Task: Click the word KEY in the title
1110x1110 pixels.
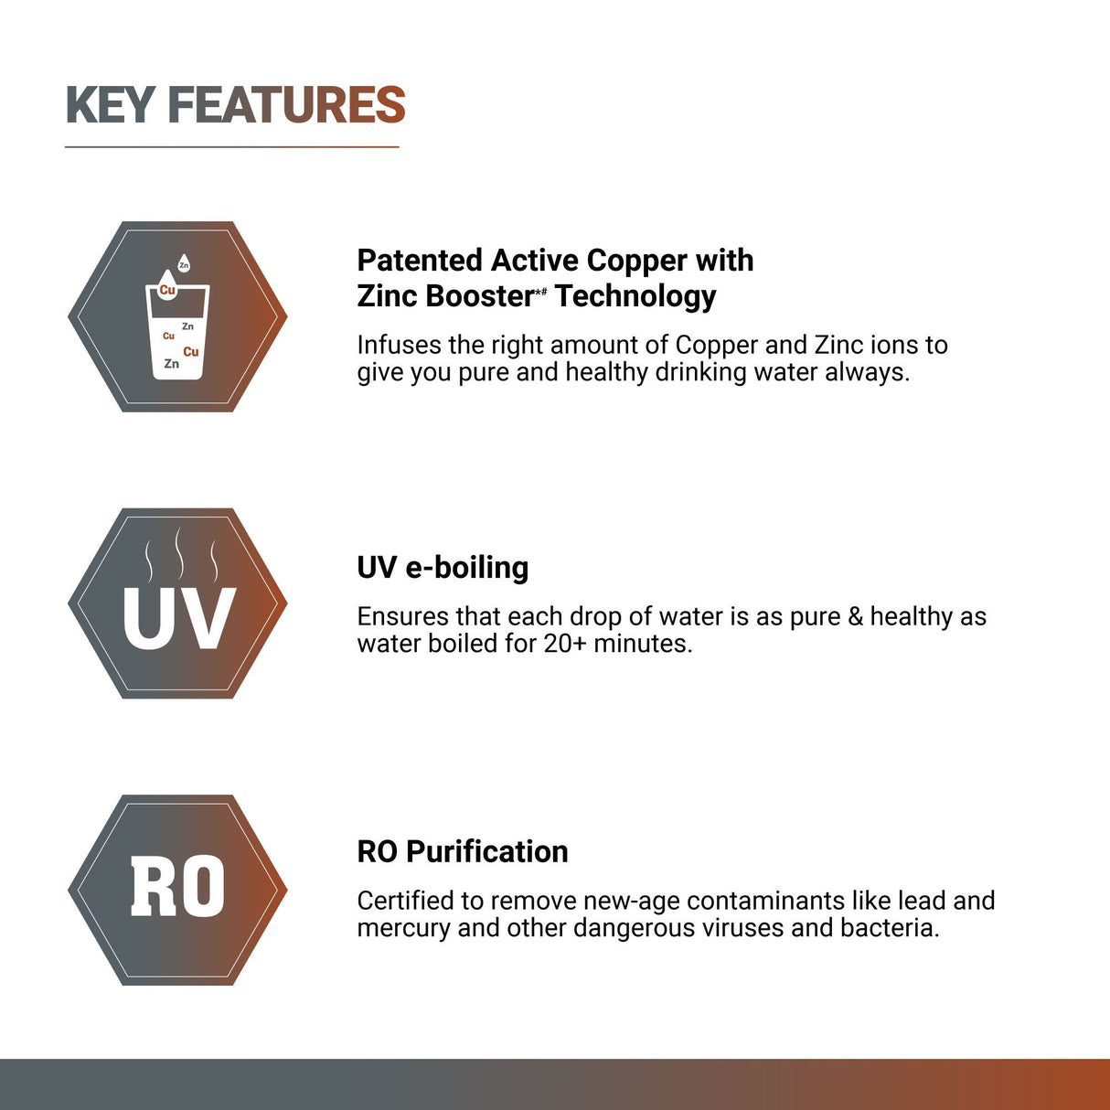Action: (110, 105)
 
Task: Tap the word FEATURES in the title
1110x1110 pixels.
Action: (286, 105)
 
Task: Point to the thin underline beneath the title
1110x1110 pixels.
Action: (232, 146)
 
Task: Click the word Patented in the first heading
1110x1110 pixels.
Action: (420, 261)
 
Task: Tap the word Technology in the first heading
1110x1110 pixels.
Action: (635, 296)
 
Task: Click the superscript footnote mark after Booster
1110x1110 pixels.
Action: (540, 291)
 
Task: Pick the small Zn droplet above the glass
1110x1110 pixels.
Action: (184, 264)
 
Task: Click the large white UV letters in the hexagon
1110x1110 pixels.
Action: (179, 619)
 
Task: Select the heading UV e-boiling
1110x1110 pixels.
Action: (443, 568)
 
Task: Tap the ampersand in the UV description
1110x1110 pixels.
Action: (855, 617)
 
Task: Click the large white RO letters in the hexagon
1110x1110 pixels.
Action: (177, 887)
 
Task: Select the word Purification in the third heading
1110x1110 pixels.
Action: (486, 852)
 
